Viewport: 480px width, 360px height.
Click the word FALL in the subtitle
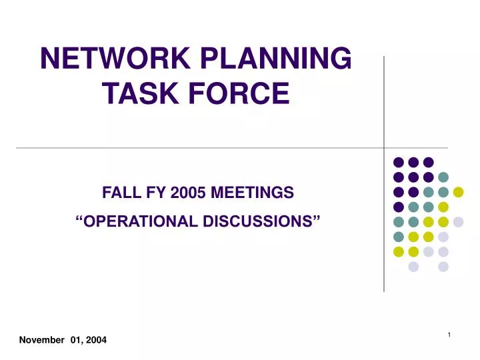tap(118, 193)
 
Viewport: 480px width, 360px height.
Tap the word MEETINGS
tap(252, 193)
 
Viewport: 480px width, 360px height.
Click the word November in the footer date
tap(42, 340)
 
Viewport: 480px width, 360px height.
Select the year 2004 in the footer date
tap(95, 340)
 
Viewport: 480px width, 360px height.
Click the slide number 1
tap(450, 335)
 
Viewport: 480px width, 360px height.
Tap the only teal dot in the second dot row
tap(443, 177)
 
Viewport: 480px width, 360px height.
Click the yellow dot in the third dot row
tap(458, 192)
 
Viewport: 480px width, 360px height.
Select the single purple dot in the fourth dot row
tap(399, 207)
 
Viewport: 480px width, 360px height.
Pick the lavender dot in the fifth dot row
tap(458, 222)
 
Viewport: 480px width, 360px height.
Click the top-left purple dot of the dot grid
tap(399, 162)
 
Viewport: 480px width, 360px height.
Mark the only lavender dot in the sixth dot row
tap(443, 237)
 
